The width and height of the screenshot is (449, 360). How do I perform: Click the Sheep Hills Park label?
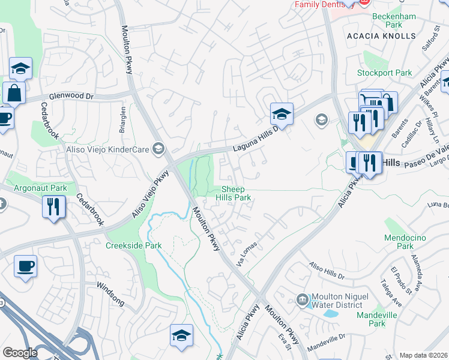(234, 193)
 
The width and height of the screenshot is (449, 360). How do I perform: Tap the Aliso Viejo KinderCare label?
(113, 148)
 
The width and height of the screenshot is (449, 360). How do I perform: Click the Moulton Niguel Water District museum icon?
(303, 299)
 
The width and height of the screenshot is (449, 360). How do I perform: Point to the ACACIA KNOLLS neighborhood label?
(381, 36)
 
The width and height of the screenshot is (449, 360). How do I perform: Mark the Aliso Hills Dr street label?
(327, 272)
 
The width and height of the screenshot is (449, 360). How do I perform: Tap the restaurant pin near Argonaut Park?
(54, 207)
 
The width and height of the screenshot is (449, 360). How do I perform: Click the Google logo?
(20, 353)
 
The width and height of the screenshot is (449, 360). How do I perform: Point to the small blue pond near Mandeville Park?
(330, 313)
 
